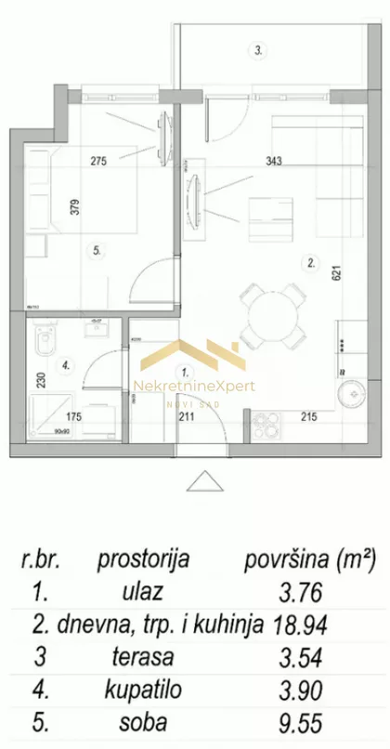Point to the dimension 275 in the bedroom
pos(98,160)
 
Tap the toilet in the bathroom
pos(44,344)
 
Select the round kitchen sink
pos(352,393)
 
